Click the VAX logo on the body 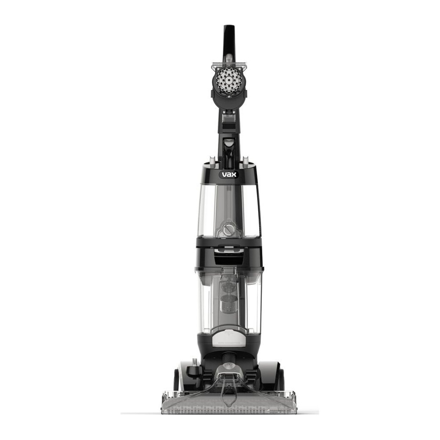click(229, 175)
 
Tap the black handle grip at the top click(229, 40)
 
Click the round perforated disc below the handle click(229, 81)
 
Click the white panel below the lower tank click(228, 338)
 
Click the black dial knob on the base click(194, 370)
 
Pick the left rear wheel click(176, 380)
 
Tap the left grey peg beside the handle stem click(212, 160)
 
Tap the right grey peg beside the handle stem click(245, 160)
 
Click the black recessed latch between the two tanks click(229, 256)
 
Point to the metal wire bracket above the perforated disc click(229, 65)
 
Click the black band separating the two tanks click(229, 242)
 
